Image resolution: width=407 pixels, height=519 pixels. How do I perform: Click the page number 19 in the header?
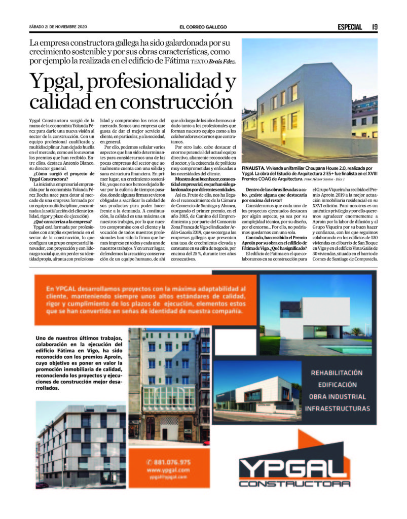374,27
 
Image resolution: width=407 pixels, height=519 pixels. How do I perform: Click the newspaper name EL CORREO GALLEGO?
203,27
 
